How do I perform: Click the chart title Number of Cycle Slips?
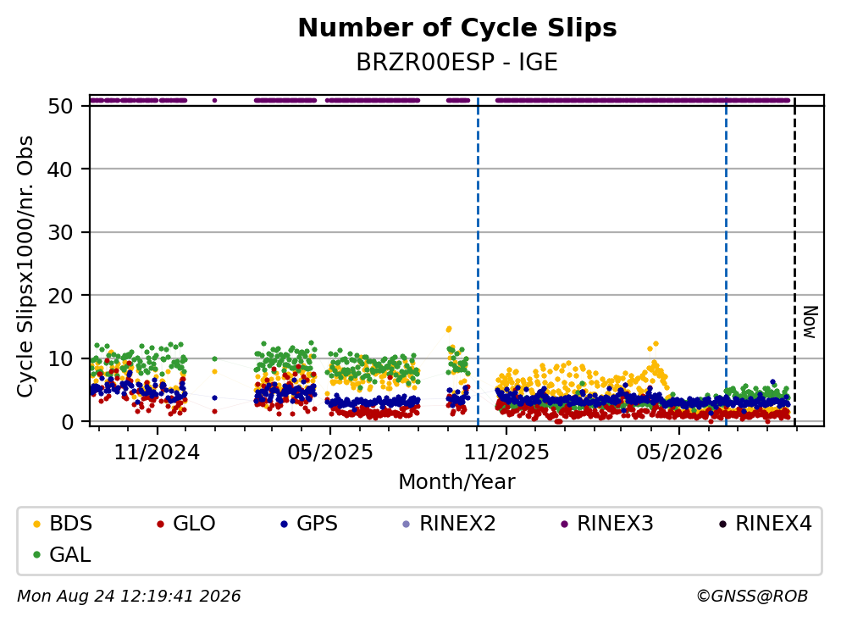pyautogui.click(x=457, y=28)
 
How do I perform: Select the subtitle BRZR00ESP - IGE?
pyautogui.click(x=457, y=62)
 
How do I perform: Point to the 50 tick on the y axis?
pyautogui.click(x=60, y=106)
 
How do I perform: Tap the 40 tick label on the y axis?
pyautogui.click(x=60, y=169)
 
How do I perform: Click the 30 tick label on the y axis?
pyautogui.click(x=60, y=232)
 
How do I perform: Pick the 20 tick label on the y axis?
pyautogui.click(x=60, y=295)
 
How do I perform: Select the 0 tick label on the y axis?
pyautogui.click(x=67, y=422)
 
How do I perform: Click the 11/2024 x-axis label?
pyautogui.click(x=157, y=453)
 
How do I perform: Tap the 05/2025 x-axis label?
pyautogui.click(x=329, y=453)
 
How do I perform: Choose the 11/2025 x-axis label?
pyautogui.click(x=506, y=453)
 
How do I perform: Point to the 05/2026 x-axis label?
pyautogui.click(x=679, y=453)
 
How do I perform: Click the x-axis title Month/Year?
pyautogui.click(x=456, y=482)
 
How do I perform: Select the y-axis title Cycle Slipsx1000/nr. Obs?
pyautogui.click(x=25, y=266)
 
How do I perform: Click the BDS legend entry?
pyautogui.click(x=62, y=523)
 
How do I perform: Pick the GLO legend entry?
pyautogui.click(x=185, y=523)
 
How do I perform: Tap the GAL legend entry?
pyautogui.click(x=62, y=554)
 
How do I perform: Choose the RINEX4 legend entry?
pyautogui.click(x=766, y=523)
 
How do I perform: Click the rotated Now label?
pyautogui.click(x=810, y=322)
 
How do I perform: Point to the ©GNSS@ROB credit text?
pyautogui.click(x=752, y=596)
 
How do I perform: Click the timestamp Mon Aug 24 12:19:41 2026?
pyautogui.click(x=130, y=596)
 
